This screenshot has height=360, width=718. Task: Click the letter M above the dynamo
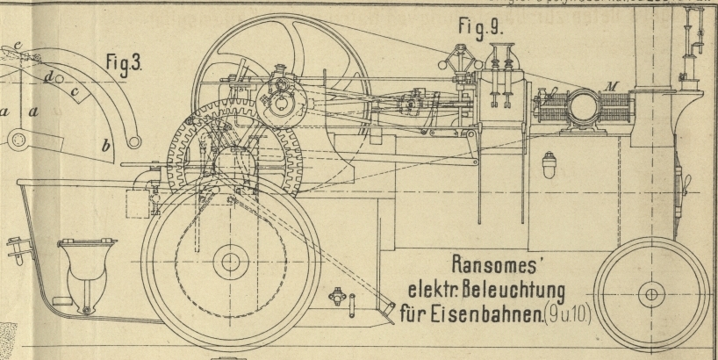pyautogui.click(x=612, y=86)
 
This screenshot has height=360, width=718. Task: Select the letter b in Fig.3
pyautogui.click(x=106, y=146)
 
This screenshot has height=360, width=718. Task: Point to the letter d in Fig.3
pyautogui.click(x=47, y=78)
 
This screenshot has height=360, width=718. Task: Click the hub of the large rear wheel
pyautogui.click(x=232, y=261)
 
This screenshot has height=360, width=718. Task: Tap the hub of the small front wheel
pyautogui.click(x=651, y=293)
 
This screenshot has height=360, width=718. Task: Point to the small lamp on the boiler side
pyautogui.click(x=550, y=166)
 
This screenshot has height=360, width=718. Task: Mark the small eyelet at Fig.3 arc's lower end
pyautogui.click(x=134, y=140)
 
